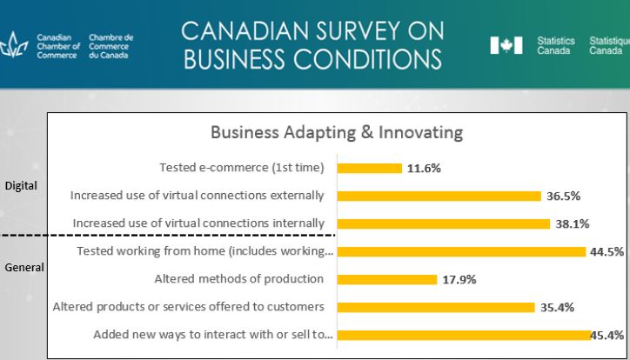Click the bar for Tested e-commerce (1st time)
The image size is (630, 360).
point(369,168)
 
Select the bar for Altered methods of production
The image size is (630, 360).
point(386,279)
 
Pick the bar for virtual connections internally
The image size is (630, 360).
point(444,223)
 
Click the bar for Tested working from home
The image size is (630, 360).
point(461,251)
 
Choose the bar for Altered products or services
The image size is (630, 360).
point(435,307)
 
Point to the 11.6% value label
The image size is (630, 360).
point(424,169)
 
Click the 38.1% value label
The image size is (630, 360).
point(573,224)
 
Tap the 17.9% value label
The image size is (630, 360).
point(459,280)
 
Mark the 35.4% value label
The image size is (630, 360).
point(556,308)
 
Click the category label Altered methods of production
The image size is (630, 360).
point(239,279)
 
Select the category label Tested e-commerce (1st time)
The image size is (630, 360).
point(241,168)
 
